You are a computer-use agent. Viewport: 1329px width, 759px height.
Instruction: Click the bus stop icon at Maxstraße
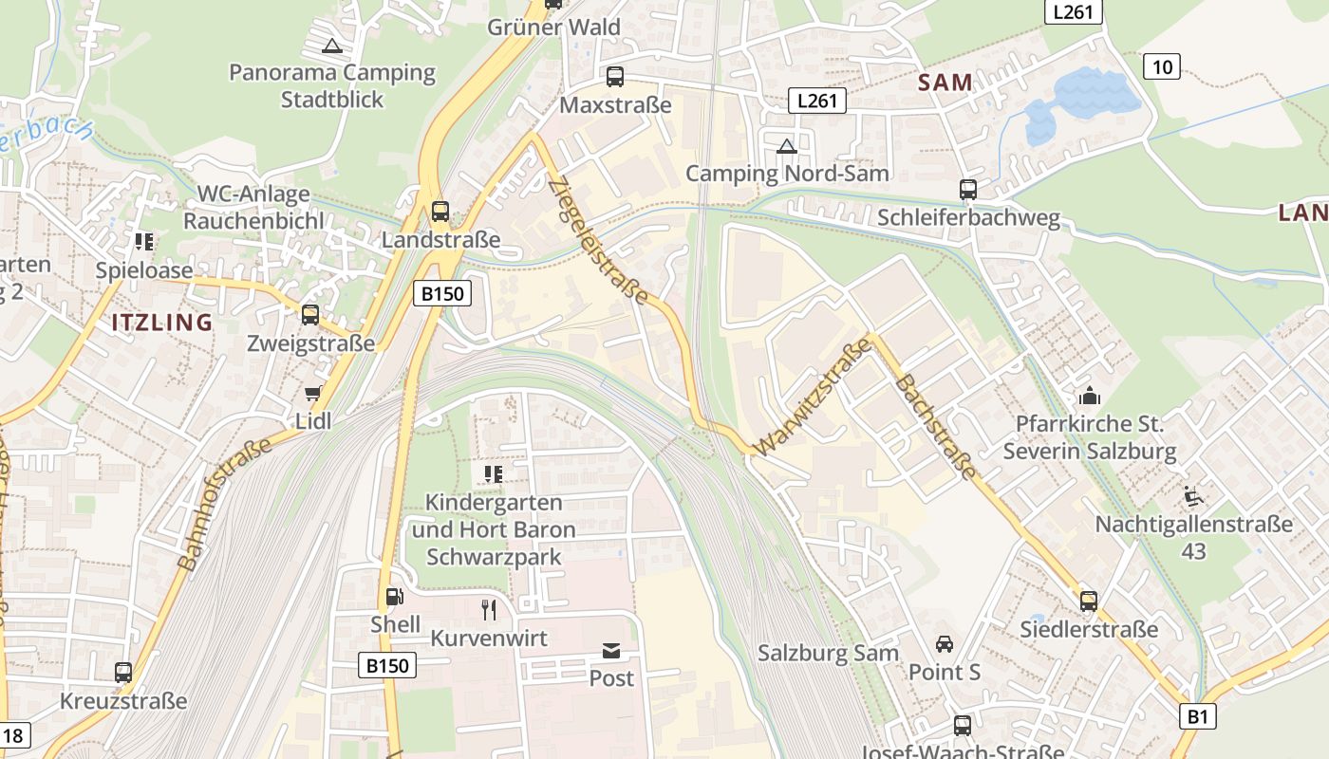pyautogui.click(x=615, y=77)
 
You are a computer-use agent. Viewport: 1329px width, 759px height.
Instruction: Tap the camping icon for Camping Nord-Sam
pyautogui.click(x=786, y=146)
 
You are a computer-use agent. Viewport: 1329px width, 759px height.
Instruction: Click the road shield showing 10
pyautogui.click(x=1162, y=66)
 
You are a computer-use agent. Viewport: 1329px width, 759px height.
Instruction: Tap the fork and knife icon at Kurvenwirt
pyautogui.click(x=489, y=610)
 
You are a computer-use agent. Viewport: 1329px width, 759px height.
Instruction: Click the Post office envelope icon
pyautogui.click(x=611, y=651)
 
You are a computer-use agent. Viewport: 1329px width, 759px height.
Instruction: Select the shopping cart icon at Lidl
pyautogui.click(x=313, y=394)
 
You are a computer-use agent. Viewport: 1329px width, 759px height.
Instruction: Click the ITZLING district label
pyautogui.click(x=162, y=323)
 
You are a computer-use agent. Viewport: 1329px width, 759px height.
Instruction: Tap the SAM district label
pyautogui.click(x=945, y=83)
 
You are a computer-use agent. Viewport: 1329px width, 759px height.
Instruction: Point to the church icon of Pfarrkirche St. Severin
pyautogui.click(x=1090, y=395)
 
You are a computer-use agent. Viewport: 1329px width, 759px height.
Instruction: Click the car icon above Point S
pyautogui.click(x=944, y=644)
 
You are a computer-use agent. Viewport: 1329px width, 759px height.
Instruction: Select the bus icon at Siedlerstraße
pyautogui.click(x=1089, y=601)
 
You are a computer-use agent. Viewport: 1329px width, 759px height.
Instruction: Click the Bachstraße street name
pyautogui.click(x=935, y=426)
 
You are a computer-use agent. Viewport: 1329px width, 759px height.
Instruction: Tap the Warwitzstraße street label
pyautogui.click(x=813, y=397)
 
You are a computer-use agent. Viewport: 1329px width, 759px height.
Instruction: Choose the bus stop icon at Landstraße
pyautogui.click(x=440, y=212)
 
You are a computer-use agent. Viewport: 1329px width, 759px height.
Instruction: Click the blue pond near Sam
pyautogui.click(x=1082, y=100)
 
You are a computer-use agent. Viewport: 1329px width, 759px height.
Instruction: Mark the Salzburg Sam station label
pyautogui.click(x=828, y=653)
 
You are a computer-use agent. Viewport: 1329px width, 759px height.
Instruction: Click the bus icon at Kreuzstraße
pyautogui.click(x=123, y=673)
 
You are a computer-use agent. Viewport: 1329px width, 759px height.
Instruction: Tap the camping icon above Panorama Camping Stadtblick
pyautogui.click(x=331, y=46)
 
